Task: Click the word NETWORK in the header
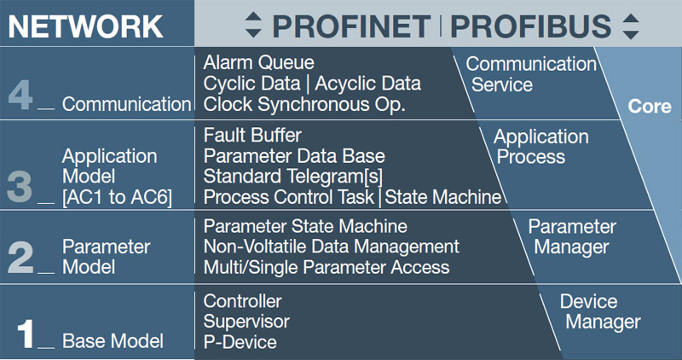point(86,26)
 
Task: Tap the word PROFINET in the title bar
point(351,26)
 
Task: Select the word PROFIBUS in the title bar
point(530,26)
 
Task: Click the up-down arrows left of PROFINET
point(253,26)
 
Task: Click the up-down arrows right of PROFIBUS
point(631,26)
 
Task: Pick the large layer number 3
point(20,187)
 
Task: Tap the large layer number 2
point(20,257)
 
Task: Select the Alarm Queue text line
point(259,62)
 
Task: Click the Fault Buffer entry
point(252,136)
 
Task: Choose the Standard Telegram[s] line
point(293,177)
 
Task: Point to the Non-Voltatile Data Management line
point(332,247)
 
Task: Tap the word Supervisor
point(246,322)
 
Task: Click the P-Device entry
point(240,342)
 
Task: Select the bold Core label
point(650,107)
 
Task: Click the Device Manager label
point(599,311)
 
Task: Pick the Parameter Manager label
point(572,237)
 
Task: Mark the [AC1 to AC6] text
point(118,197)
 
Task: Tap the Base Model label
point(113,341)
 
